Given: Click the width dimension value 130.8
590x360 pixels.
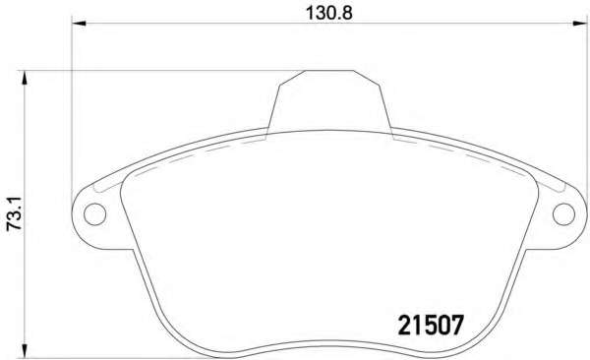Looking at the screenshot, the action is coord(328,13).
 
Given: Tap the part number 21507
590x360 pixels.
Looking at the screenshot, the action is coord(430,326).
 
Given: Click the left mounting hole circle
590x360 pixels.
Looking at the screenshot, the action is coord(94,213).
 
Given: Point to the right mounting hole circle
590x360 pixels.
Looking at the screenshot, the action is coord(563,213).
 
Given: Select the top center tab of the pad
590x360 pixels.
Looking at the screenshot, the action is coord(329,100).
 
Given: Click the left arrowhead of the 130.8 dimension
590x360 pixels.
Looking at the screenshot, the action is coord(79,24).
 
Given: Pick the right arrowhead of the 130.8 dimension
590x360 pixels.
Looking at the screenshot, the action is coord(580,24).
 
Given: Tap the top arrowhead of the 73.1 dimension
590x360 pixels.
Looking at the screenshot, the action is coord(25,78).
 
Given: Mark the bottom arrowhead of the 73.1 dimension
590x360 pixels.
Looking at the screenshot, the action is coord(25,350).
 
